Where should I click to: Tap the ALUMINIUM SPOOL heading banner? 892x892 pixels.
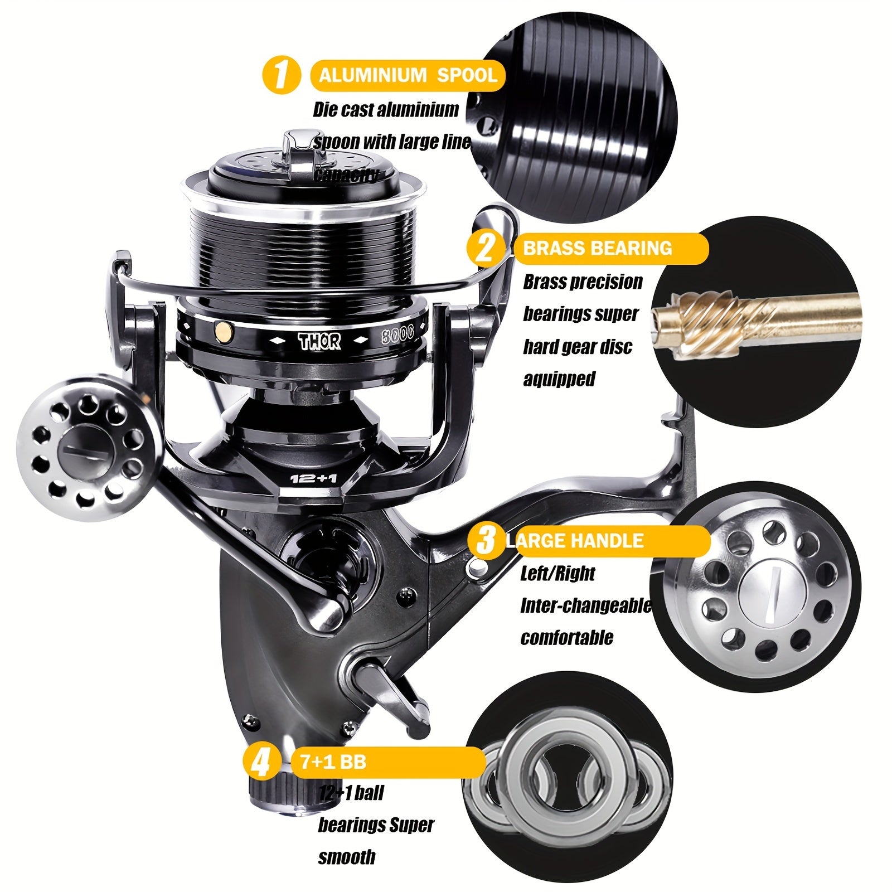[408, 75]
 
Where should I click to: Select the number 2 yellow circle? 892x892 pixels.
[484, 248]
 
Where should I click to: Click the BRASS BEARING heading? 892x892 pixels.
[597, 248]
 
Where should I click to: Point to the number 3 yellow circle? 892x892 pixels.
[485, 540]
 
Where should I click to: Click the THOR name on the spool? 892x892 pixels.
[319, 341]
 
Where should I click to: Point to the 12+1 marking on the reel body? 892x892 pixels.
[313, 478]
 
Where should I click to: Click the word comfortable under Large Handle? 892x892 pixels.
[566, 637]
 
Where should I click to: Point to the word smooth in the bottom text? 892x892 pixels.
[346, 857]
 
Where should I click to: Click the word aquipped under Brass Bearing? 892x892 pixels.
[559, 379]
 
